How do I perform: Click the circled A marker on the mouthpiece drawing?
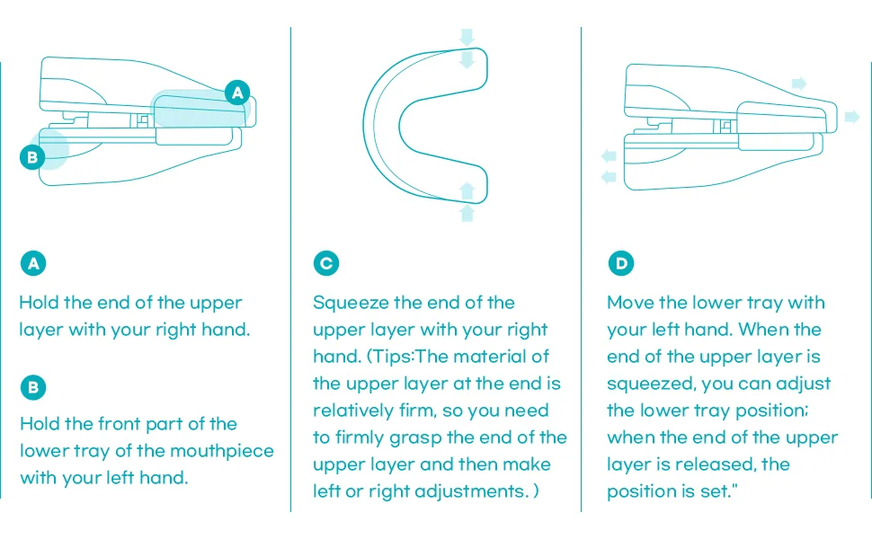[x=237, y=93]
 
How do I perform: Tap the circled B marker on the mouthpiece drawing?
[x=32, y=157]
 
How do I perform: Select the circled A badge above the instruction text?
[x=33, y=263]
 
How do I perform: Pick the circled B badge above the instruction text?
[x=33, y=387]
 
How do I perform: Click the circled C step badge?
[x=326, y=263]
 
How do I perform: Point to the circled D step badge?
[x=621, y=263]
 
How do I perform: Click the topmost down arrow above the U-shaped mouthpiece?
[x=467, y=37]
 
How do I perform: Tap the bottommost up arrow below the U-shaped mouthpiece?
[x=467, y=214]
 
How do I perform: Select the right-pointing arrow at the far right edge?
[x=852, y=117]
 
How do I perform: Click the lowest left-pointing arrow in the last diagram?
[x=609, y=177]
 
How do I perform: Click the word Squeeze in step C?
[x=351, y=304]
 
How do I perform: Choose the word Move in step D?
[x=631, y=303]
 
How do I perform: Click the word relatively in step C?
[x=353, y=411]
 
